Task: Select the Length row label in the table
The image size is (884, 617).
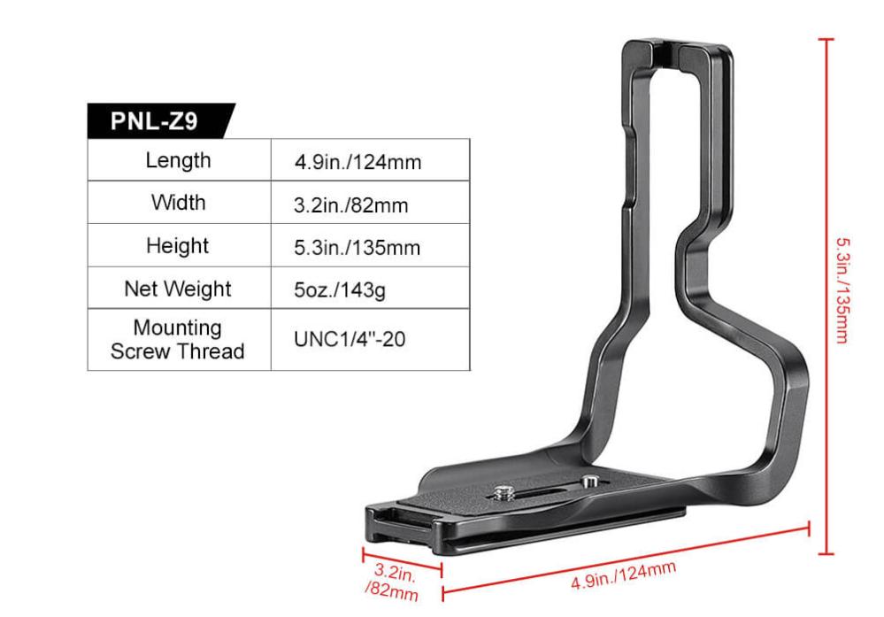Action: click(x=178, y=160)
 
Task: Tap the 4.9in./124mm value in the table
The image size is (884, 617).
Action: click(x=357, y=162)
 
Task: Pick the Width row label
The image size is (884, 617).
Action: click(x=178, y=203)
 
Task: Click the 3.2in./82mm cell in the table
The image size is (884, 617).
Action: click(x=350, y=205)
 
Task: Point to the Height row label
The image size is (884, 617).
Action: click(x=178, y=245)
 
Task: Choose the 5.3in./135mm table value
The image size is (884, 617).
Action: click(x=357, y=248)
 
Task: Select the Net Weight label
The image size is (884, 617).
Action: click(x=178, y=289)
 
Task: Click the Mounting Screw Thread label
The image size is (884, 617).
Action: click(x=178, y=339)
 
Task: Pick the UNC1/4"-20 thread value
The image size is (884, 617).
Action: click(x=350, y=339)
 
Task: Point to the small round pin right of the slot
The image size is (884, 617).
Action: click(x=587, y=482)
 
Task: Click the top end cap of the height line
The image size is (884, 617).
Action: click(x=826, y=40)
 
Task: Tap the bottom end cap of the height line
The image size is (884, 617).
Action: click(x=826, y=554)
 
